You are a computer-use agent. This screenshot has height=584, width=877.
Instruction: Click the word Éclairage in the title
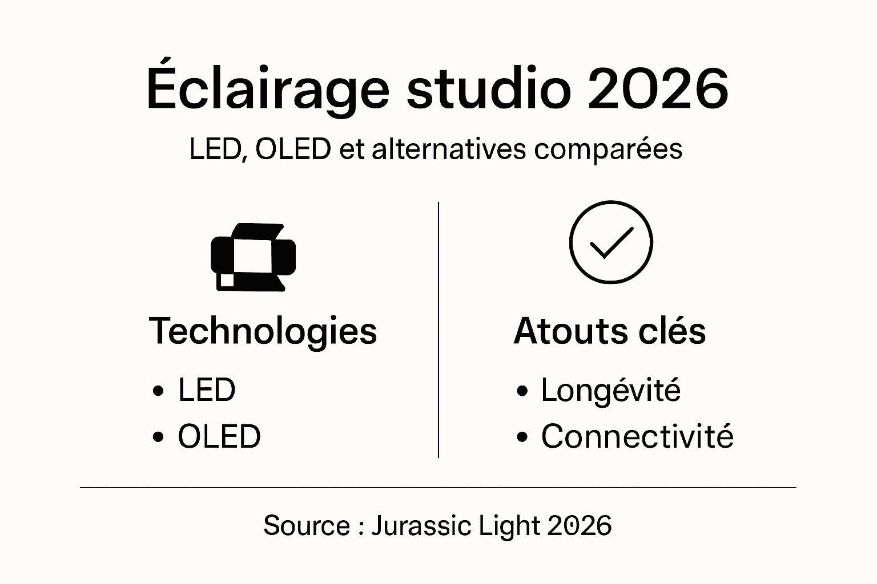pos(268,90)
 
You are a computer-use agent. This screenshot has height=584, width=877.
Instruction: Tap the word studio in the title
pos(489,90)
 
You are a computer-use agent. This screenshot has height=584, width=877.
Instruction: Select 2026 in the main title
pos(658,90)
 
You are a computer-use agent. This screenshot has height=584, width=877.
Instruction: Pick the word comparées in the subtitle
pos(609,149)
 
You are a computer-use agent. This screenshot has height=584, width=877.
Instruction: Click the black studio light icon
pos(253,256)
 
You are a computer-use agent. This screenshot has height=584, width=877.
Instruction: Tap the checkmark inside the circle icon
pos(611,242)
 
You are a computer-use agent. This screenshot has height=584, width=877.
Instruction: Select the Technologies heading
pos(263,331)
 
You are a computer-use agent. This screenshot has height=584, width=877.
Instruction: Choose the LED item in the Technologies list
pos(207,391)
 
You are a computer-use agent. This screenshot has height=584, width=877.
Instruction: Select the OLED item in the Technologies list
pos(219,437)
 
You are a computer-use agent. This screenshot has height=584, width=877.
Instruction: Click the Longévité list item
pos(611,391)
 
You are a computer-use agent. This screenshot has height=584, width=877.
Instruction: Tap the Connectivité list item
pos(637,437)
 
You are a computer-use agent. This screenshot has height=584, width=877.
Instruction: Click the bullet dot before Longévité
pos(521,392)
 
